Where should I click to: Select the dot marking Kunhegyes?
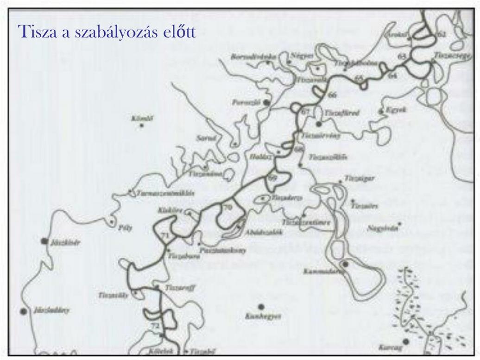point(261,306)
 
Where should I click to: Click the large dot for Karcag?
point(406,342)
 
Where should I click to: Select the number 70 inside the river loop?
point(227,208)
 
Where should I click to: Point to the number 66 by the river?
point(332,95)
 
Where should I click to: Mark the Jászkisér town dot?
point(44,241)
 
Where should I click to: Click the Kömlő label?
point(142,119)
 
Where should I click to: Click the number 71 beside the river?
point(165,236)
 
